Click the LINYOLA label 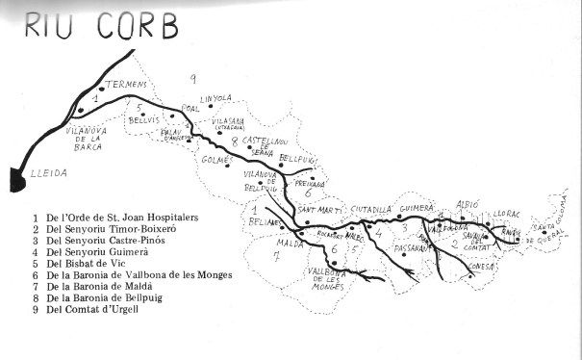click(x=216, y=98)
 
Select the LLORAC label click(x=506, y=213)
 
